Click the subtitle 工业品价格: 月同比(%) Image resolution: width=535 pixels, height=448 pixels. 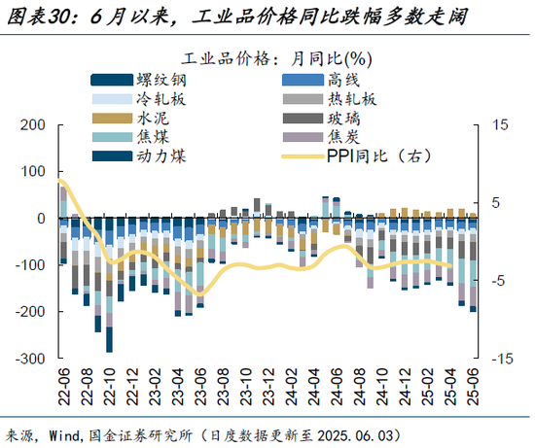(x=268, y=55)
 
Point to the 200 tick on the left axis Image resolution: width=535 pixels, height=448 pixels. (x=34, y=125)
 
